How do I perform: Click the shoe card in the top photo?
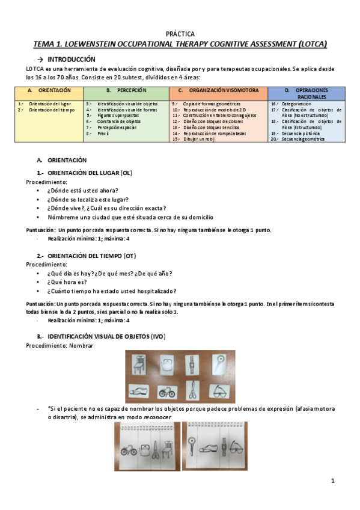(140, 390)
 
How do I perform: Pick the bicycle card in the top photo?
(167, 391)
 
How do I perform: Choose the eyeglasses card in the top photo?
(220, 390)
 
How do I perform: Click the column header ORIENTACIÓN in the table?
(49, 90)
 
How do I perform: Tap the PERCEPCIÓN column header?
(126, 90)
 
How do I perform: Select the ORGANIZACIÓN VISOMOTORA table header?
(218, 90)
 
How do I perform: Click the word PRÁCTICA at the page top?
(180, 34)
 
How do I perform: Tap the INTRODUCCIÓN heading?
(71, 60)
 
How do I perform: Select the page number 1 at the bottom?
(333, 481)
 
